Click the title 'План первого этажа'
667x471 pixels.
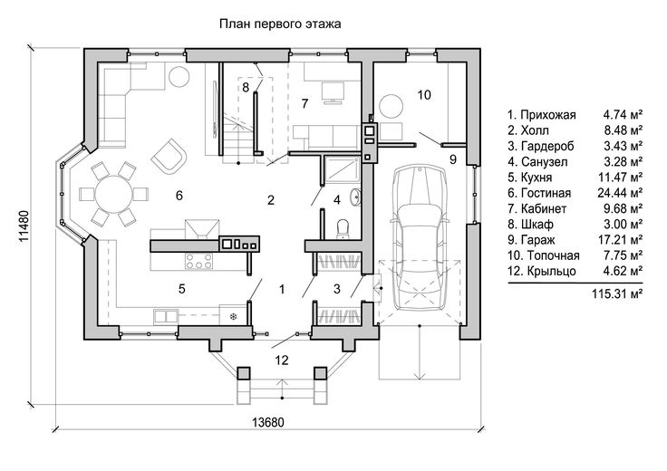point(278,24)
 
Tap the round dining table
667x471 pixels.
point(115,194)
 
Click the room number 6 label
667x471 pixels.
point(179,195)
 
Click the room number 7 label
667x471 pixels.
point(304,101)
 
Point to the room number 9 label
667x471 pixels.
point(452,159)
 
